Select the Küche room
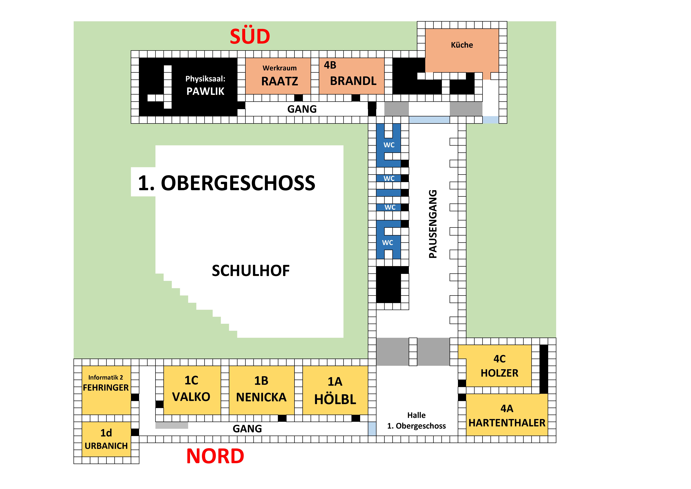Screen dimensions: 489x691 click(x=462, y=48)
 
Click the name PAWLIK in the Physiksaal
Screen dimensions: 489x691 click(x=205, y=91)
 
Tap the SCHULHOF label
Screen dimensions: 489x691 click(x=251, y=271)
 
